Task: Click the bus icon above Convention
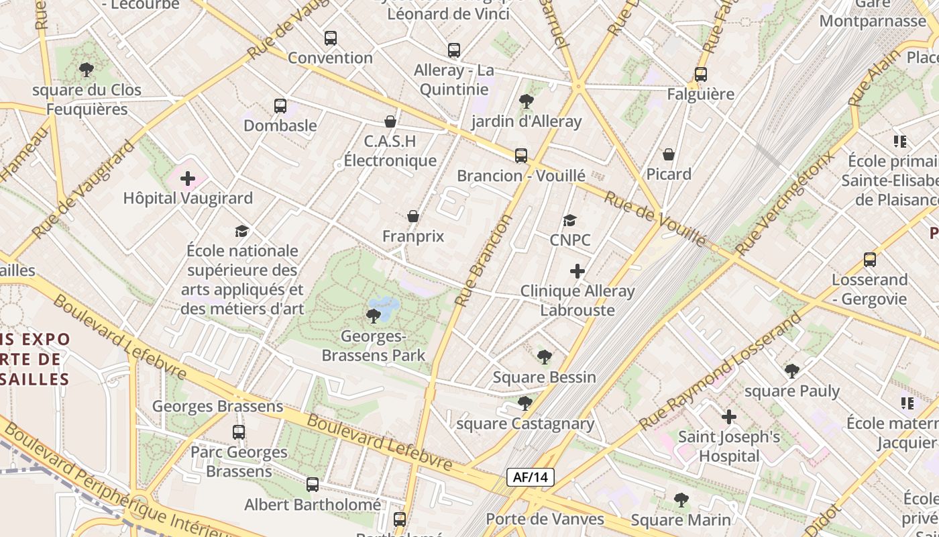tap(330, 38)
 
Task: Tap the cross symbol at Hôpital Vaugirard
tap(188, 179)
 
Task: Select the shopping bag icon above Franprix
tap(413, 216)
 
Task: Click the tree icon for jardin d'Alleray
tap(527, 101)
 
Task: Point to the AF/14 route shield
tap(530, 477)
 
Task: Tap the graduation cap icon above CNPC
tap(569, 220)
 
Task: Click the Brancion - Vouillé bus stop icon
tap(521, 156)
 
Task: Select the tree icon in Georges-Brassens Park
tap(374, 315)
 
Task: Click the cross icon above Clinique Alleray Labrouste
tap(577, 271)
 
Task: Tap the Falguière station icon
tap(701, 75)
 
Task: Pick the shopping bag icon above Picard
tap(669, 154)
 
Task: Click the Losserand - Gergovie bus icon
tap(870, 260)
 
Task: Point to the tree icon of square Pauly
tap(792, 371)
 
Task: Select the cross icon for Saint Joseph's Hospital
tap(729, 417)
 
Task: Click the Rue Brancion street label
tap(483, 260)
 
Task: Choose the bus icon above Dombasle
tap(280, 106)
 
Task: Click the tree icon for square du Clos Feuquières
tap(87, 70)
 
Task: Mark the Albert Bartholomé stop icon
tap(313, 485)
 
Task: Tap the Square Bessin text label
tap(544, 377)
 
